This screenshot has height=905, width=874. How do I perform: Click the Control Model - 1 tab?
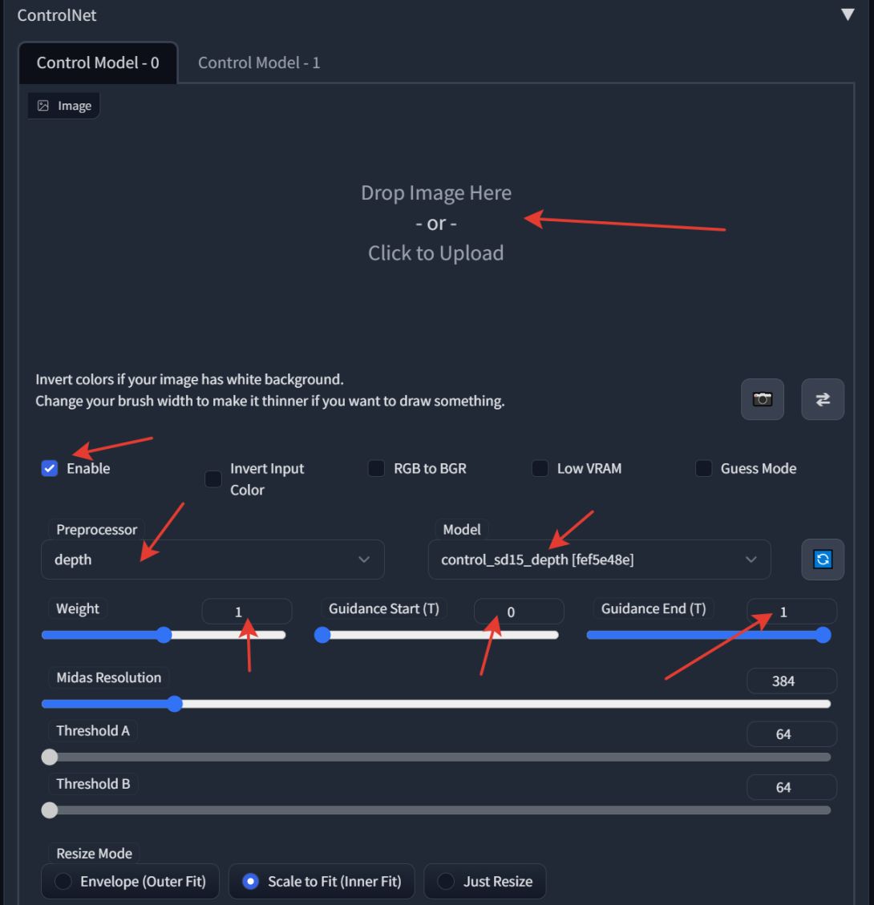pyautogui.click(x=259, y=63)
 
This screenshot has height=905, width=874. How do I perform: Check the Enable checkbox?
pyautogui.click(x=50, y=469)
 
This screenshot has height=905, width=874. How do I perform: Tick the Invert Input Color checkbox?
pyautogui.click(x=213, y=479)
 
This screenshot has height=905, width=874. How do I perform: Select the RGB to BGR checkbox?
pyautogui.click(x=376, y=469)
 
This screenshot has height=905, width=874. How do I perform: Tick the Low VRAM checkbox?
pyautogui.click(x=540, y=469)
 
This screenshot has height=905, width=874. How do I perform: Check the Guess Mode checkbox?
pyautogui.click(x=704, y=469)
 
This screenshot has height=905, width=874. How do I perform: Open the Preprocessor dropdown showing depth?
pyautogui.click(x=212, y=560)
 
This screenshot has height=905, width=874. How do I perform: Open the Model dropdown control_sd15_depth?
pyautogui.click(x=599, y=560)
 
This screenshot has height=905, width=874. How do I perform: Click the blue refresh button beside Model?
pyautogui.click(x=823, y=560)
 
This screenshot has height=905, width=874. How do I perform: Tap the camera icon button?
pyautogui.click(x=763, y=399)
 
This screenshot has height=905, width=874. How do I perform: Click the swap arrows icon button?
pyautogui.click(x=823, y=399)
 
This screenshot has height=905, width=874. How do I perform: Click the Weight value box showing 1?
pyautogui.click(x=246, y=612)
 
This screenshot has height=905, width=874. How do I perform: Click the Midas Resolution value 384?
pyautogui.click(x=791, y=681)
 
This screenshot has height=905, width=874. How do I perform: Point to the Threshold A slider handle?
pyautogui.click(x=50, y=757)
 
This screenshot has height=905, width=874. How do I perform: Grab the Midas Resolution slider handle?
pyautogui.click(x=175, y=704)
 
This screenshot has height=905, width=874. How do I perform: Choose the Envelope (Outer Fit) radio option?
pyautogui.click(x=63, y=882)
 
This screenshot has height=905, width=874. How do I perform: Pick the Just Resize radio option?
pyautogui.click(x=447, y=882)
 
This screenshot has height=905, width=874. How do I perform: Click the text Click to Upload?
pyautogui.click(x=436, y=253)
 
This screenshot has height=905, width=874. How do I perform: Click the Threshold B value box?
pyautogui.click(x=791, y=787)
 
